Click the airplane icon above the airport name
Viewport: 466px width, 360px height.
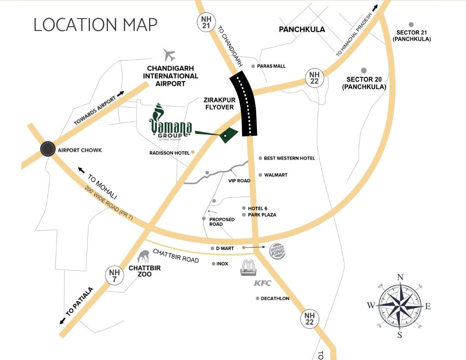[170, 55]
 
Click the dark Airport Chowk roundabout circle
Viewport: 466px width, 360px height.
[48, 149]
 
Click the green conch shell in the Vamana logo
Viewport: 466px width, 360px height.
[158, 112]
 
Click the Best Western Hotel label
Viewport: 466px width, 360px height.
[289, 158]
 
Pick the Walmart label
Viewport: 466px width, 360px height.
[276, 175]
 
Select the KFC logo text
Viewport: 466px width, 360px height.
[262, 283]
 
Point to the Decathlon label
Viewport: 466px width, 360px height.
[275, 298]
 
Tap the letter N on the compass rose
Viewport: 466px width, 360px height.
[400, 277]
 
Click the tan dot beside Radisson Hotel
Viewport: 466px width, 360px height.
[192, 153]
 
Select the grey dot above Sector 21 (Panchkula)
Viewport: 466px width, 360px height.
[411, 24]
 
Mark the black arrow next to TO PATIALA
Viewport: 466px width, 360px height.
[62, 321]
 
